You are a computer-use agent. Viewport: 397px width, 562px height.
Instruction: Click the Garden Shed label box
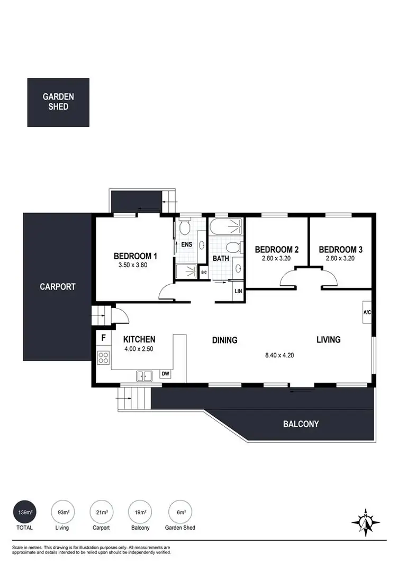[58, 102]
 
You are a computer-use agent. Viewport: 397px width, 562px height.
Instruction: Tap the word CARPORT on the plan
[58, 287]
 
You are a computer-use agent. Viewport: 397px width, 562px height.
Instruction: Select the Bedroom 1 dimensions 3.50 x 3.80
[135, 266]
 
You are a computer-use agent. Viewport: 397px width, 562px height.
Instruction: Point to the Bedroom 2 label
[277, 249]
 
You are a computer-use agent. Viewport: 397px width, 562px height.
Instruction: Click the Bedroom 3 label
[340, 249]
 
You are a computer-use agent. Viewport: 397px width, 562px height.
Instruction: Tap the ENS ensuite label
[186, 245]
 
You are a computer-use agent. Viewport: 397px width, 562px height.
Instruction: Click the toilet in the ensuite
[184, 227]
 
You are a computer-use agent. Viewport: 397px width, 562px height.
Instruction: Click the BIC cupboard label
[204, 272]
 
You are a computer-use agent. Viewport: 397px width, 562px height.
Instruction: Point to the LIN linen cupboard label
[238, 292]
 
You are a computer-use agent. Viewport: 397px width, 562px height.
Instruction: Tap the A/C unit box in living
[366, 312]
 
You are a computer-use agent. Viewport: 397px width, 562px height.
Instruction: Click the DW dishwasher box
[165, 374]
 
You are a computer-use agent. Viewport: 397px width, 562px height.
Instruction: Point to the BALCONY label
[301, 424]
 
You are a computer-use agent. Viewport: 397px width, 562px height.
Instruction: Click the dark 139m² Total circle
[24, 513]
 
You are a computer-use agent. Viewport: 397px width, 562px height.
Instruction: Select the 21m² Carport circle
[102, 513]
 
